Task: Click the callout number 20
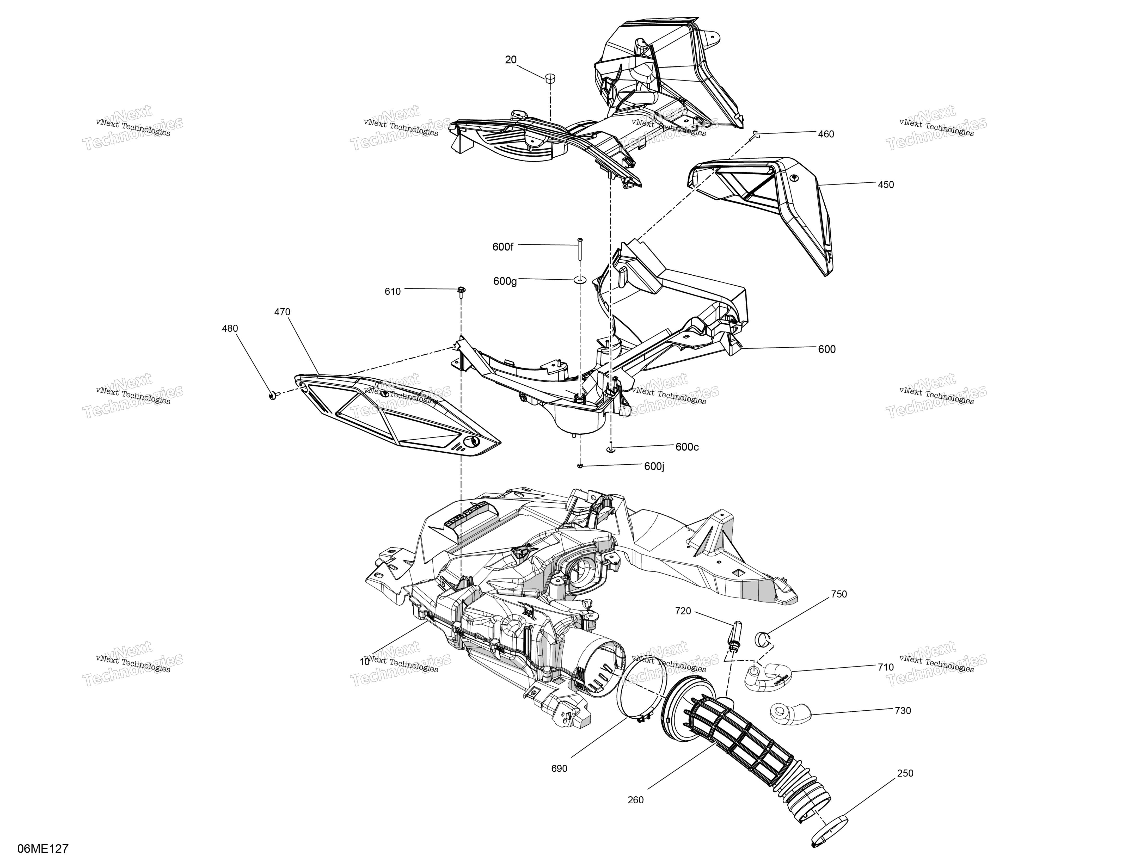point(511,60)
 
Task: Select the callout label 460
point(826,134)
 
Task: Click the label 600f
point(502,247)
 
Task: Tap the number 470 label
point(282,312)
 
